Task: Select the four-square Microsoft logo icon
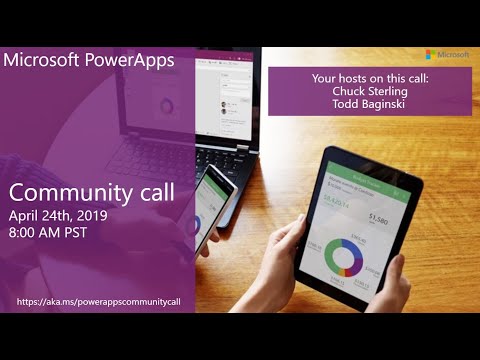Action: pos(430,55)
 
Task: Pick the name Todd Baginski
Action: pos(369,101)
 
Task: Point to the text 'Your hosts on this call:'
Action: pos(369,75)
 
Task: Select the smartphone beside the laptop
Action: pos(210,205)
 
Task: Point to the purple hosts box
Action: pos(369,90)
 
